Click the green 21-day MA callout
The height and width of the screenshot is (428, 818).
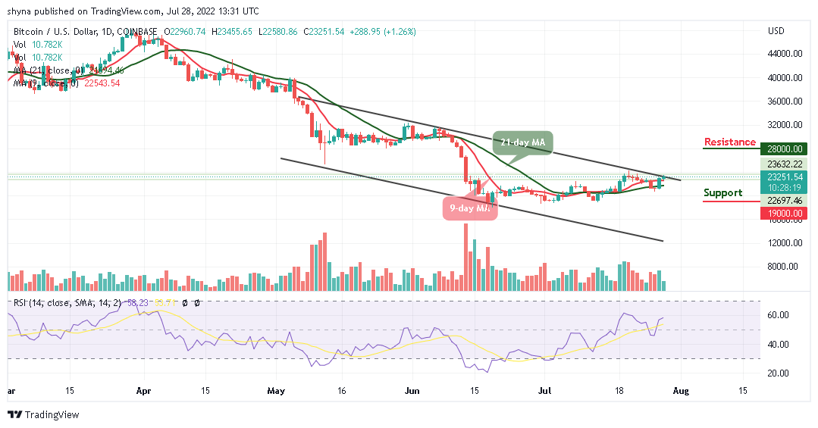[525, 142]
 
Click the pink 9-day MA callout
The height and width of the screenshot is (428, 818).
[470, 208]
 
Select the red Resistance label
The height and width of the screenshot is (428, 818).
[729, 142]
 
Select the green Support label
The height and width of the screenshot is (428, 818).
[722, 193]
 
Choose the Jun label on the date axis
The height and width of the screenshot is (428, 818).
[412, 391]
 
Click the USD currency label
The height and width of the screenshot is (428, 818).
[776, 31]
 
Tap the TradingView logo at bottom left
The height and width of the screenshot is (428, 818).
[43, 415]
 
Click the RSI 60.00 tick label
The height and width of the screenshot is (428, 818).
[779, 315]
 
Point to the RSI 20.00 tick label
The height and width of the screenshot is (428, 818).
[779, 373]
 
